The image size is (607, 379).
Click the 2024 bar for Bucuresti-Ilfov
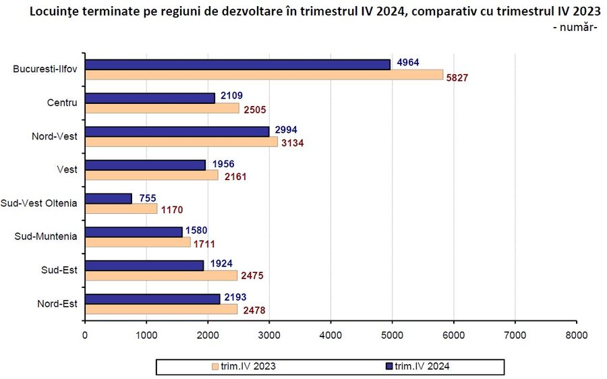click(238, 64)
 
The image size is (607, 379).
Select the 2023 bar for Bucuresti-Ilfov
click(264, 75)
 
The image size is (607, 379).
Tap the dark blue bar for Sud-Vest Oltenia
click(109, 198)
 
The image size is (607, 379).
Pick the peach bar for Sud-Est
click(161, 275)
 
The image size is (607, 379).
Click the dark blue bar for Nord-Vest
click(177, 131)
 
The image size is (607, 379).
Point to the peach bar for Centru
click(163, 108)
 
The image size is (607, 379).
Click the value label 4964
click(408, 63)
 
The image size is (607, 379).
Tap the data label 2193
click(237, 297)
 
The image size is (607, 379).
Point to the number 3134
click(293, 143)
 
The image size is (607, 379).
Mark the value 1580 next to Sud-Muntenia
click(197, 231)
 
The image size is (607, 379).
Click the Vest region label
click(67, 169)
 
